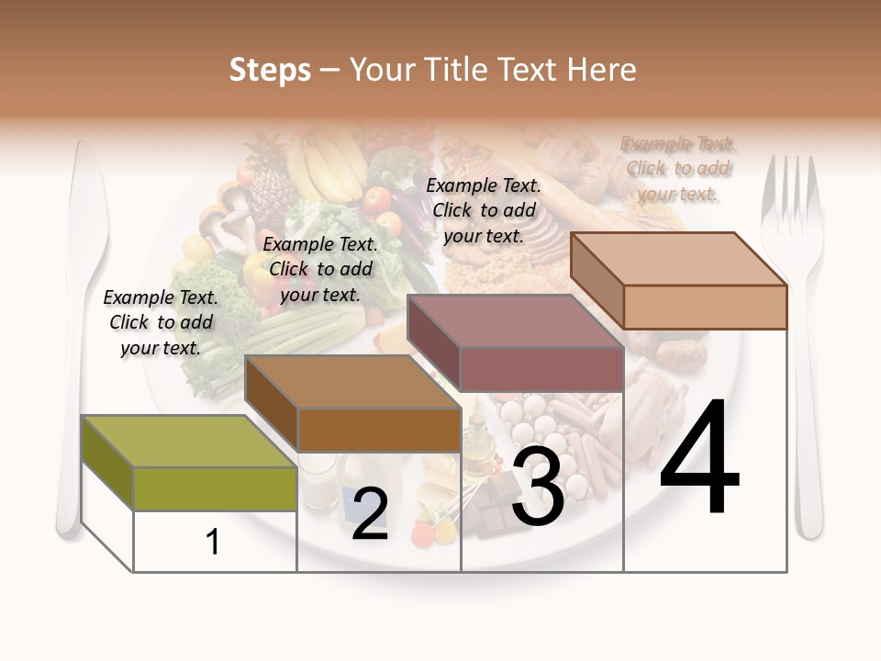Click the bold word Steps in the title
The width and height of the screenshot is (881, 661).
[270, 70]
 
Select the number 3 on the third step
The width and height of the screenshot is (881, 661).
[538, 489]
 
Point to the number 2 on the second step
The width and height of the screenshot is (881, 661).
[370, 514]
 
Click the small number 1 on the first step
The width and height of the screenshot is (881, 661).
[213, 543]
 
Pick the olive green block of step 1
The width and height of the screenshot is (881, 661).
[188, 464]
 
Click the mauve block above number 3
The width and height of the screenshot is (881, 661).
[515, 343]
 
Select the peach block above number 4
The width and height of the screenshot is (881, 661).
[678, 280]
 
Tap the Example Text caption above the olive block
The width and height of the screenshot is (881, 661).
[161, 322]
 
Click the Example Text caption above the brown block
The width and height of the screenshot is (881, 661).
[320, 269]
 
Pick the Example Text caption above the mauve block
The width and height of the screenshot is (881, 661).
[484, 210]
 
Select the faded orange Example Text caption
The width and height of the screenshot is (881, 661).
[678, 169]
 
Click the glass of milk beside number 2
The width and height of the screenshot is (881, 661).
[317, 482]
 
